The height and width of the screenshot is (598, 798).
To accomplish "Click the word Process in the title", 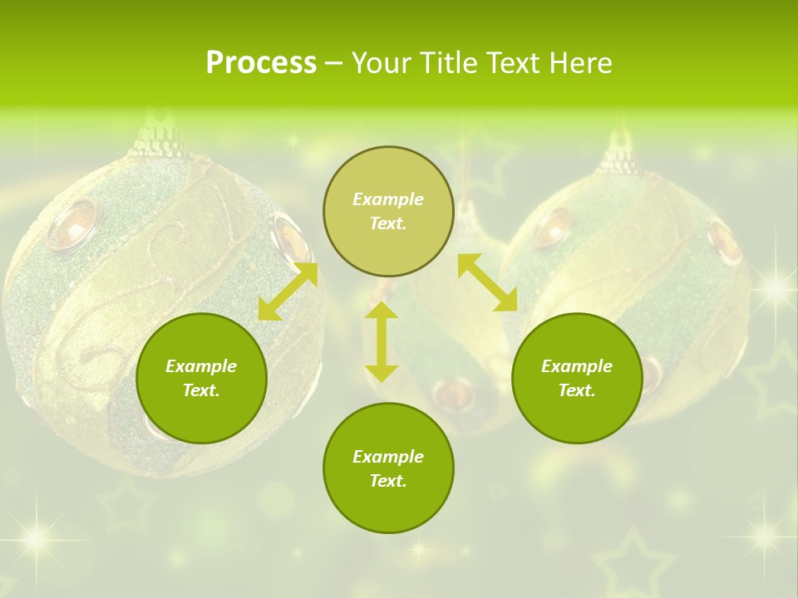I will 261,62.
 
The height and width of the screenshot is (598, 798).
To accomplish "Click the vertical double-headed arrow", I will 382,341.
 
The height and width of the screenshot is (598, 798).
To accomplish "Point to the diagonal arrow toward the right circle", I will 487,282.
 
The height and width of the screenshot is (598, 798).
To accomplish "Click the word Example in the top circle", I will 388,199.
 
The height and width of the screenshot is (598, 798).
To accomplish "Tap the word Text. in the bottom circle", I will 388,481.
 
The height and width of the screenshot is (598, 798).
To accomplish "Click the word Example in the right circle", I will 577,366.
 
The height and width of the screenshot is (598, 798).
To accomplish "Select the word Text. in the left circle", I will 201,390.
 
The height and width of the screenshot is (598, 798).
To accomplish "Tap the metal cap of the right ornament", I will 619,156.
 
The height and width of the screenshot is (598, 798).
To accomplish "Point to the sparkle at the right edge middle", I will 776,287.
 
